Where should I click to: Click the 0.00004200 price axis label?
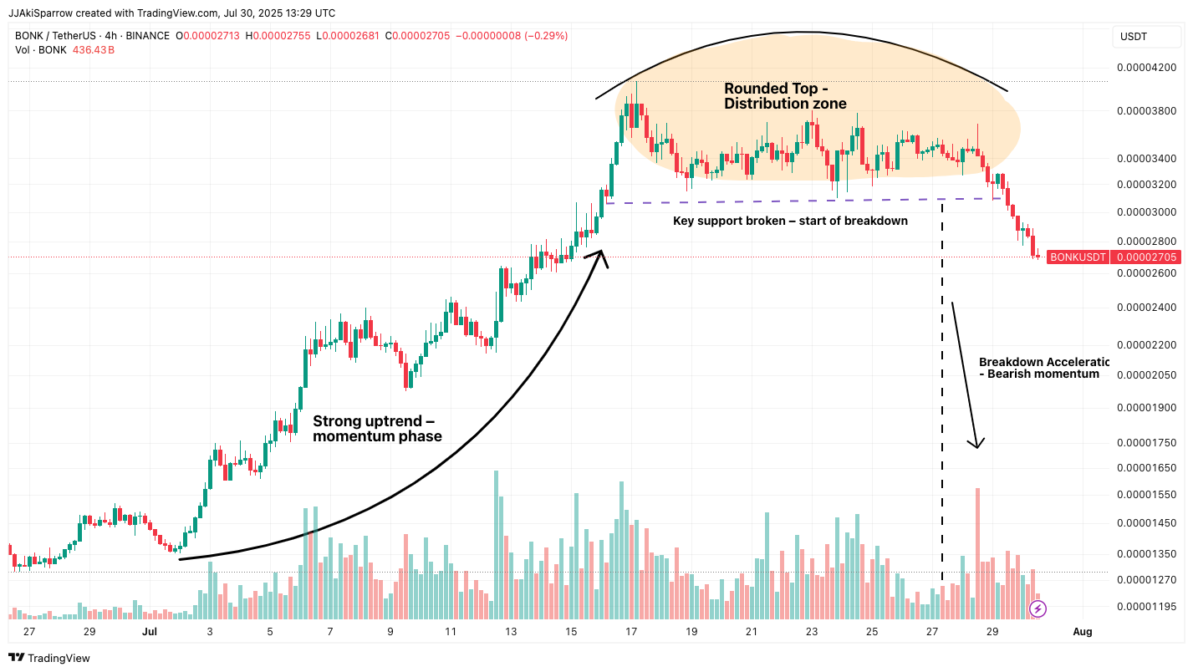[1145, 68]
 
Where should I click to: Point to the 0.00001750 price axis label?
[1145, 442]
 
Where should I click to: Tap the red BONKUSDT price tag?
[1078, 257]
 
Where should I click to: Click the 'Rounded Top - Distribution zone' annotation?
[784, 96]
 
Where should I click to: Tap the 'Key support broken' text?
[790, 221]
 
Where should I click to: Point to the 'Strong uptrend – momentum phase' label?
[376, 429]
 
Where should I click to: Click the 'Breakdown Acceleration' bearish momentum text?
[1043, 368]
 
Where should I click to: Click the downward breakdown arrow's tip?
[976, 445]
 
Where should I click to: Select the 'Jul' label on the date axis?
[150, 632]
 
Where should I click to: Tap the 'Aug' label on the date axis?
[1082, 632]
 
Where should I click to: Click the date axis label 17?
[631, 632]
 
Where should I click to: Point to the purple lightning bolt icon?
[1037, 608]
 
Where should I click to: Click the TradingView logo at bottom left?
[49, 658]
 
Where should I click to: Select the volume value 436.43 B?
[93, 50]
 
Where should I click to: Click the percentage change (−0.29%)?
[544, 36]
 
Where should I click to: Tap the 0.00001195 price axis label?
[1145, 606]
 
